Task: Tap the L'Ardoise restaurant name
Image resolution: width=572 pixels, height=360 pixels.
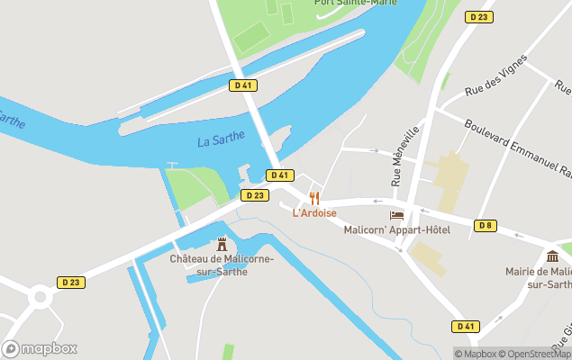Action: pos(313,213)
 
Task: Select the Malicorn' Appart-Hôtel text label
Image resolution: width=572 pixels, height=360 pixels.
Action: pos(397,229)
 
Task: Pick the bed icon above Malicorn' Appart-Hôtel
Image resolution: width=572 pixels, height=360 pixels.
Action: pos(396,215)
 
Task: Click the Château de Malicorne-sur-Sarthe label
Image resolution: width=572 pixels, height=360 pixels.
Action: pos(222,265)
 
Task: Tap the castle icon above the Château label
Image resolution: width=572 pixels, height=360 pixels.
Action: pos(222,244)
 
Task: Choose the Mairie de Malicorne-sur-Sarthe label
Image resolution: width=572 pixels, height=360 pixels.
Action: pos(546,277)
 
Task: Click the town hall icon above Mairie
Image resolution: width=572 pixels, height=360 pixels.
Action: pos(551,256)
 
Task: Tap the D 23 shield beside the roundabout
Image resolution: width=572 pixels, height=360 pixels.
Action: pos(72,283)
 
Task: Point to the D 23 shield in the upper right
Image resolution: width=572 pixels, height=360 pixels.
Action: pos(478,17)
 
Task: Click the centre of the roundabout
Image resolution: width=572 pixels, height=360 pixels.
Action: pos(40,296)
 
